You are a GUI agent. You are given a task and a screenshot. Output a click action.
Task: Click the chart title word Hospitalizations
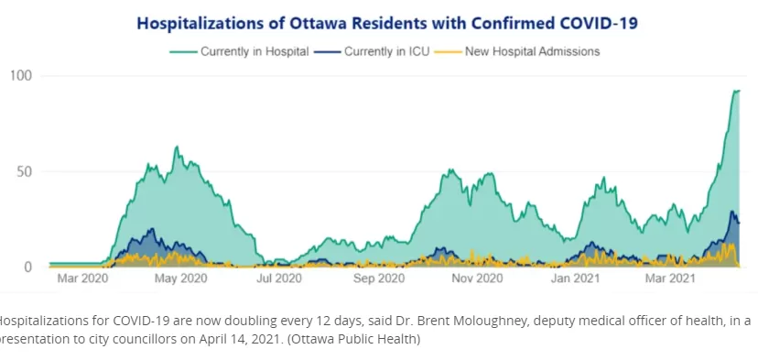(196, 23)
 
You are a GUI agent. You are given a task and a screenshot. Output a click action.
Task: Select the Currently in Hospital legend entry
(239, 51)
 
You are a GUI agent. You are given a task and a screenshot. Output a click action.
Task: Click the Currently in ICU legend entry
(372, 51)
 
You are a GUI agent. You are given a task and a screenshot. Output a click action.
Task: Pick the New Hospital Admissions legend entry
(517, 51)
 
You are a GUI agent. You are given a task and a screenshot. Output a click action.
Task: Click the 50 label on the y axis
(25, 171)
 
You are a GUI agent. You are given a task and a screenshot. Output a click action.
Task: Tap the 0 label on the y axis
(28, 267)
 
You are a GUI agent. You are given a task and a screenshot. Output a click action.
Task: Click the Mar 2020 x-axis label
(82, 278)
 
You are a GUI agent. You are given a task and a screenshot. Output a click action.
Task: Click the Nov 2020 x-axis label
(478, 278)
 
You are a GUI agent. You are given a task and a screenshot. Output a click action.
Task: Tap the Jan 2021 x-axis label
(575, 278)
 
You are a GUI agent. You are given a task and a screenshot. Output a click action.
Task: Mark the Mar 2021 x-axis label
(670, 278)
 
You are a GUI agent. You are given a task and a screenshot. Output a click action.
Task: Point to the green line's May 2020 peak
(177, 147)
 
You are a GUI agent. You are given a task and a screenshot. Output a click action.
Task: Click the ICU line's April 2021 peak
(731, 211)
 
